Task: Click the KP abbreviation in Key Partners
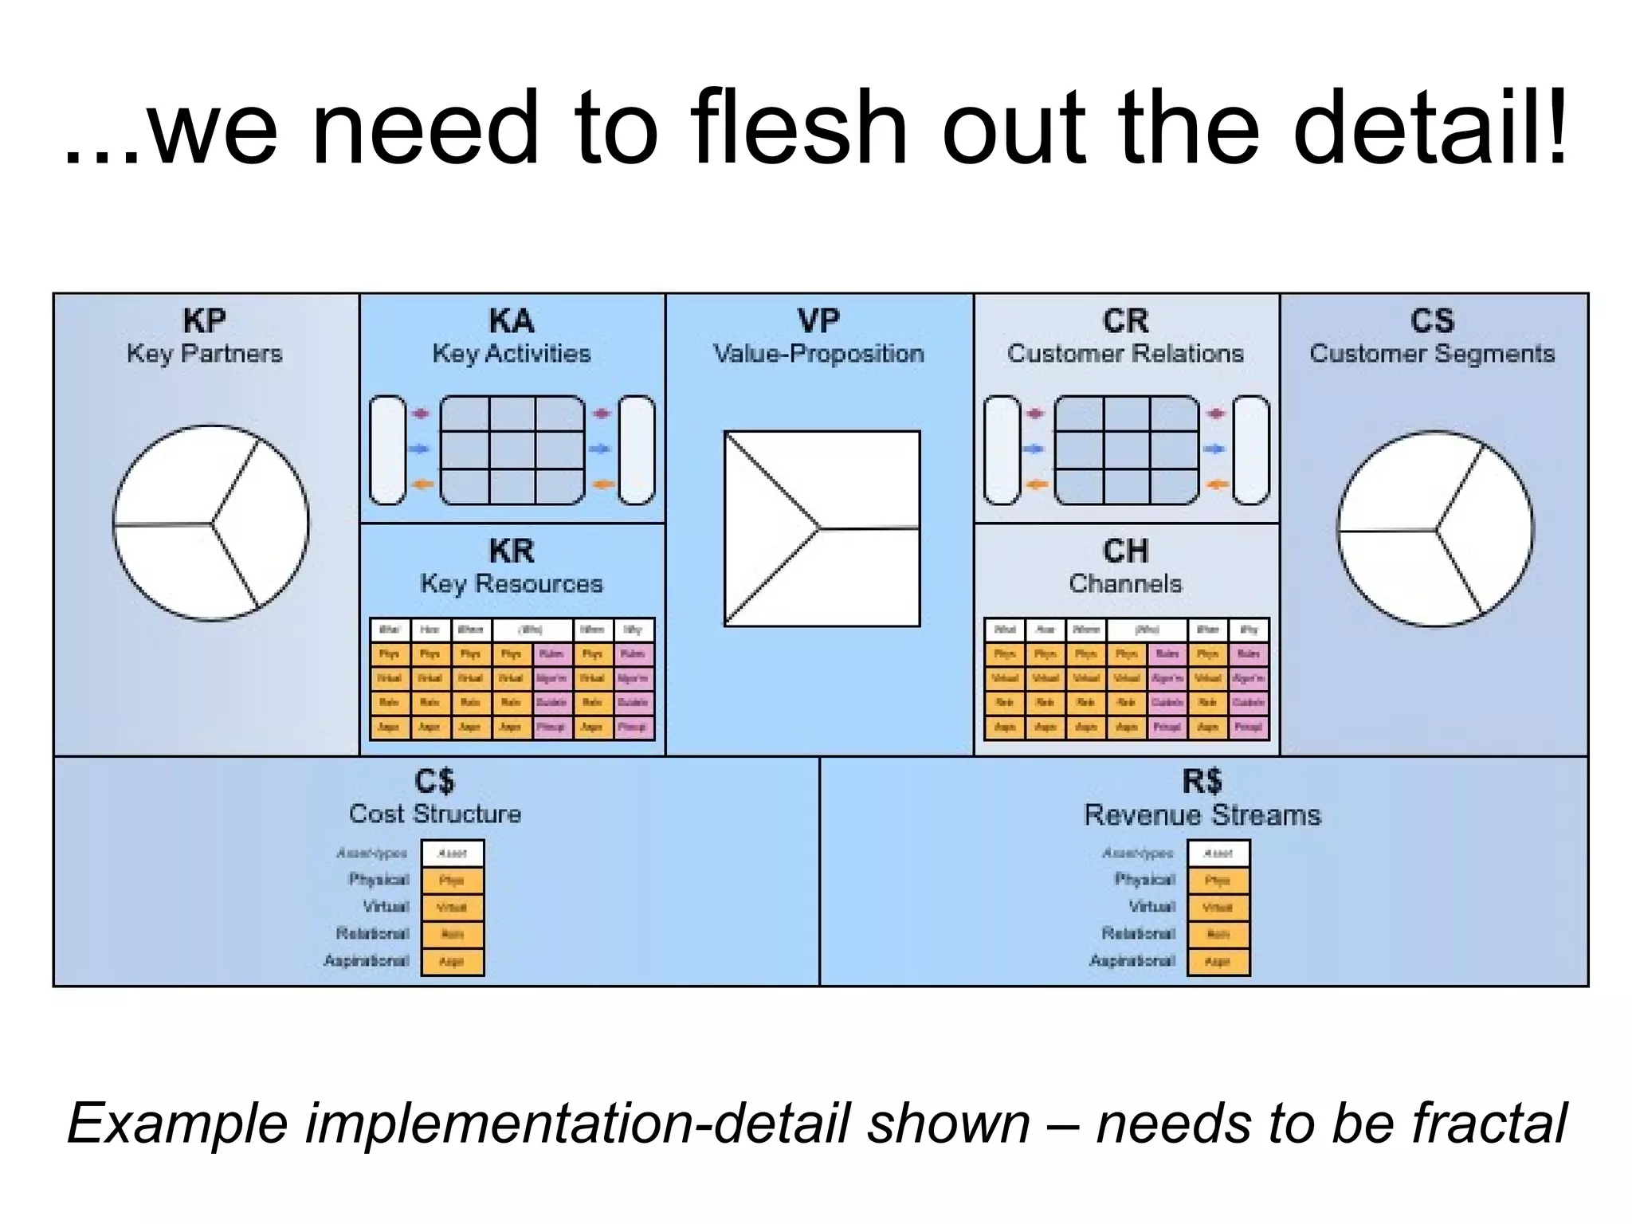[205, 321]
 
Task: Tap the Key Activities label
[512, 354]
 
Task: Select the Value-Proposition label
[818, 354]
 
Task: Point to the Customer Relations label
[1125, 354]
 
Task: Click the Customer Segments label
[1432, 354]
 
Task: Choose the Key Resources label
[512, 584]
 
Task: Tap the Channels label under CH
[1125, 584]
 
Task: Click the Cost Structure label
[435, 814]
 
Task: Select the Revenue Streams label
[1202, 815]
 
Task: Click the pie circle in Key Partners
[210, 523]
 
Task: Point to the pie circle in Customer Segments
[1435, 529]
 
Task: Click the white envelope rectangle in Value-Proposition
[822, 528]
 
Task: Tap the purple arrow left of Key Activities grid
[421, 414]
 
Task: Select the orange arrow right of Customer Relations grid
[1216, 484]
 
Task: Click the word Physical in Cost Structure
[379, 880]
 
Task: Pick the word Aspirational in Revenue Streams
[1132, 961]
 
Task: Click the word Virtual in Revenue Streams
[1152, 907]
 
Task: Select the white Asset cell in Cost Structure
[452, 853]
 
